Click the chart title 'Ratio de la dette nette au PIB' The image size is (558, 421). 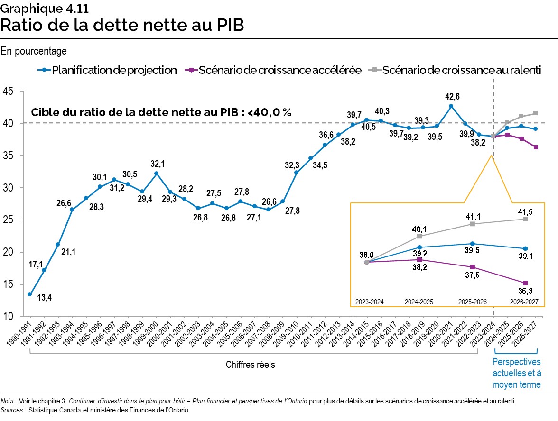pyautogui.click(x=122, y=25)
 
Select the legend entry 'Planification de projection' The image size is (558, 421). pyautogui.click(x=114, y=70)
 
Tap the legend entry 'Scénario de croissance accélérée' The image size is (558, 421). pyautogui.click(x=280, y=70)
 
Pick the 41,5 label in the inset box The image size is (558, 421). pyautogui.click(x=525, y=209)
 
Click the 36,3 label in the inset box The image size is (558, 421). pyautogui.click(x=525, y=293)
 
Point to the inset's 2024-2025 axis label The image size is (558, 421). pyautogui.click(x=419, y=302)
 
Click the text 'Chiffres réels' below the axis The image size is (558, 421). pyautogui.click(x=250, y=365)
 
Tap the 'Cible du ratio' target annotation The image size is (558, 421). pyautogui.click(x=161, y=112)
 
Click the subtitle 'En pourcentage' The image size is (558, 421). pyautogui.click(x=34, y=50)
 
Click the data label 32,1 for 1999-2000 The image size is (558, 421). pyautogui.click(x=156, y=164)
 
